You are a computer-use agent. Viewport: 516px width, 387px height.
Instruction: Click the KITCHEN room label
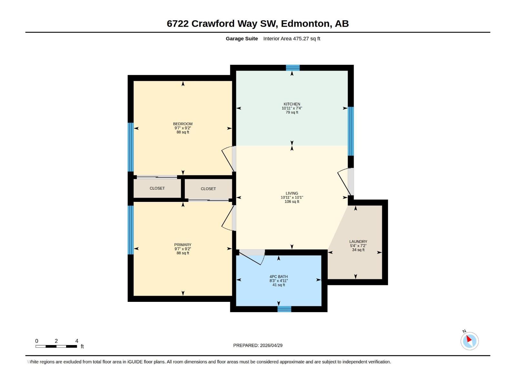[x=292, y=104]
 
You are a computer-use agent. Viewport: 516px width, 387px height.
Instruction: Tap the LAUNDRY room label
[x=358, y=241]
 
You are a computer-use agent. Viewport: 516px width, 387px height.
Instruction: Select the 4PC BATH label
[x=278, y=276]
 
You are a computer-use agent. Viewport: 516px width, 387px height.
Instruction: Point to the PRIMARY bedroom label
[x=183, y=244]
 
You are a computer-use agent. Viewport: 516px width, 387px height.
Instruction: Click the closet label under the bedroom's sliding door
[x=157, y=188]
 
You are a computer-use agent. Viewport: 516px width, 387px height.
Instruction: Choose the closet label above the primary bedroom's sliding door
[x=208, y=189]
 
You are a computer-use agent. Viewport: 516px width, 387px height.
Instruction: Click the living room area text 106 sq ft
[x=292, y=202]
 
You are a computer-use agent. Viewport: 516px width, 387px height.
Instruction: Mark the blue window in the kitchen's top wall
[x=293, y=67]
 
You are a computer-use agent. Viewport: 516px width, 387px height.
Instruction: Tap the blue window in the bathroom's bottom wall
[x=284, y=309]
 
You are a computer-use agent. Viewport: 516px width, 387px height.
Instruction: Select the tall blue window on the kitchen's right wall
[x=351, y=131]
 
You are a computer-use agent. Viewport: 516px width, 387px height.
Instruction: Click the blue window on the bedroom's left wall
[x=131, y=147]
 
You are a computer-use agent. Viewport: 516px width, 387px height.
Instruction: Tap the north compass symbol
[x=469, y=341]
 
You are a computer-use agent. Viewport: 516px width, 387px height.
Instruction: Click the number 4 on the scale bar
[x=77, y=341]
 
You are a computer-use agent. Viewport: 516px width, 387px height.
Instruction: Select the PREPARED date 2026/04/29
[x=271, y=345]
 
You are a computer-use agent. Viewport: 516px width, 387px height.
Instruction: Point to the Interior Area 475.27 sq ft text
[x=292, y=38]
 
